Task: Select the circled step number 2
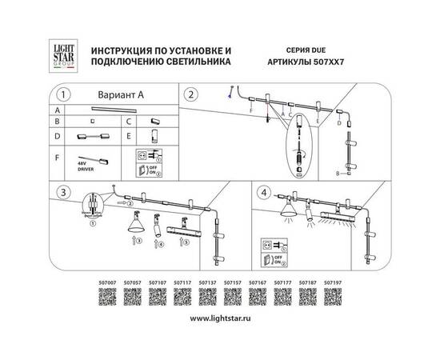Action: pos(190,94)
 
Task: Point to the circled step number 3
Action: pos(66,193)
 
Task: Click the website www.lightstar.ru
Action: pos(220,318)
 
